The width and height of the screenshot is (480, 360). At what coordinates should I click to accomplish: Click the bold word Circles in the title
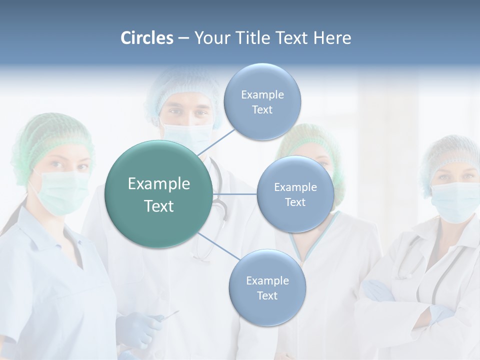tap(146, 38)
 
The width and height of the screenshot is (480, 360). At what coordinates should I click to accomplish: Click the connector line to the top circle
tap(216, 142)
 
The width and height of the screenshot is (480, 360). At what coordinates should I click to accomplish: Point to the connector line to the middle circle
tap(234, 194)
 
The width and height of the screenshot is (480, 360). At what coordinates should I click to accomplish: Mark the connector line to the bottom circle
tap(218, 247)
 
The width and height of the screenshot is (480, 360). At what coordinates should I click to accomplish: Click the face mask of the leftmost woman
tap(60, 192)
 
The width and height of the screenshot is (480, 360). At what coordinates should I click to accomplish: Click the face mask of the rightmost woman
tap(454, 201)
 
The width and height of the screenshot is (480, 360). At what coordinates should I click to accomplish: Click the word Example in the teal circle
tap(158, 184)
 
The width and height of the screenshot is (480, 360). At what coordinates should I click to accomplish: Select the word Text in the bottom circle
tap(267, 295)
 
